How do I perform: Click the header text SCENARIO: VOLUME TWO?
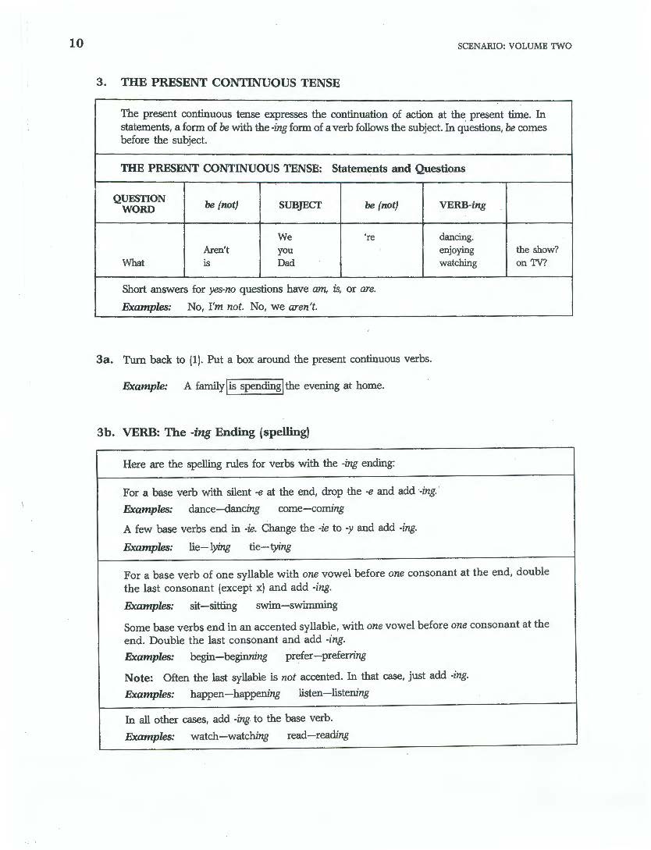pos(514,46)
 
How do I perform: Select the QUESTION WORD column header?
pos(139,204)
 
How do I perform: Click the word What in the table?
pos(133,263)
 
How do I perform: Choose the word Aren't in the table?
pos(215,250)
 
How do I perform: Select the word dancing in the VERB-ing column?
pos(457,237)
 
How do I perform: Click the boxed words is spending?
pos(254,386)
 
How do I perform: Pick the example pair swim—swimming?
pos(296,605)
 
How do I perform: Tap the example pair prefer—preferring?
pos(325,656)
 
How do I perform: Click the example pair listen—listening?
pos(334,693)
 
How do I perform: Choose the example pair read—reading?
pos(317,735)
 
